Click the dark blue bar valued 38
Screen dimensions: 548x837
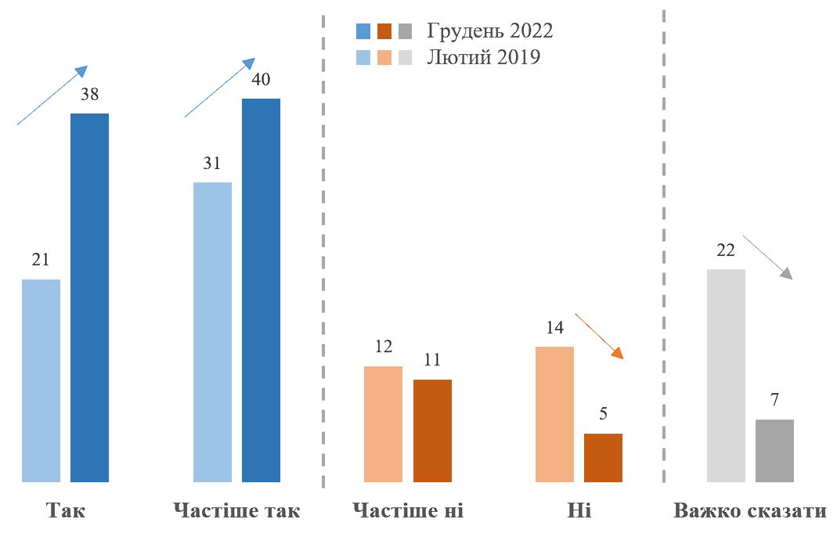pyautogui.click(x=89, y=297)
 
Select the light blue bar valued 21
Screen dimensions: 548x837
pyautogui.click(x=41, y=380)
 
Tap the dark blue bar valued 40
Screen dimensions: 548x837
pyautogui.click(x=261, y=290)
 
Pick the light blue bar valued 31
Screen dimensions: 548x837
pyautogui.click(x=212, y=332)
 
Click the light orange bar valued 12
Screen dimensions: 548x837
pyautogui.click(x=383, y=424)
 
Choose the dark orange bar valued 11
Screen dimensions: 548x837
pyautogui.click(x=432, y=431)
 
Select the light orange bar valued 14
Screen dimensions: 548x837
pyautogui.click(x=554, y=414)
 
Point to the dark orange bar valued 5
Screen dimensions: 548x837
pyautogui.click(x=603, y=457)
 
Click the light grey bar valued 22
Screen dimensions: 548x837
pyautogui.click(x=726, y=376)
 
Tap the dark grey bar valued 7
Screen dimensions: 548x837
pyautogui.click(x=774, y=450)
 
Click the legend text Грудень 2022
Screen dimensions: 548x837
pyautogui.click(x=490, y=31)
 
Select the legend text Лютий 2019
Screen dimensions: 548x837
pyautogui.click(x=484, y=57)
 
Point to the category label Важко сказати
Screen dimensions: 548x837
pyautogui.click(x=749, y=512)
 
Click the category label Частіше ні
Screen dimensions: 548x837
pyautogui.click(x=408, y=512)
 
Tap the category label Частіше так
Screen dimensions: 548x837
pyautogui.click(x=236, y=512)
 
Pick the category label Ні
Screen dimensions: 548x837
pyautogui.click(x=579, y=512)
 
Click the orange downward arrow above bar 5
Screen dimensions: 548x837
pyautogui.click(x=600, y=336)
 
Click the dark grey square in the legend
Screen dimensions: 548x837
pyautogui.click(x=405, y=31)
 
